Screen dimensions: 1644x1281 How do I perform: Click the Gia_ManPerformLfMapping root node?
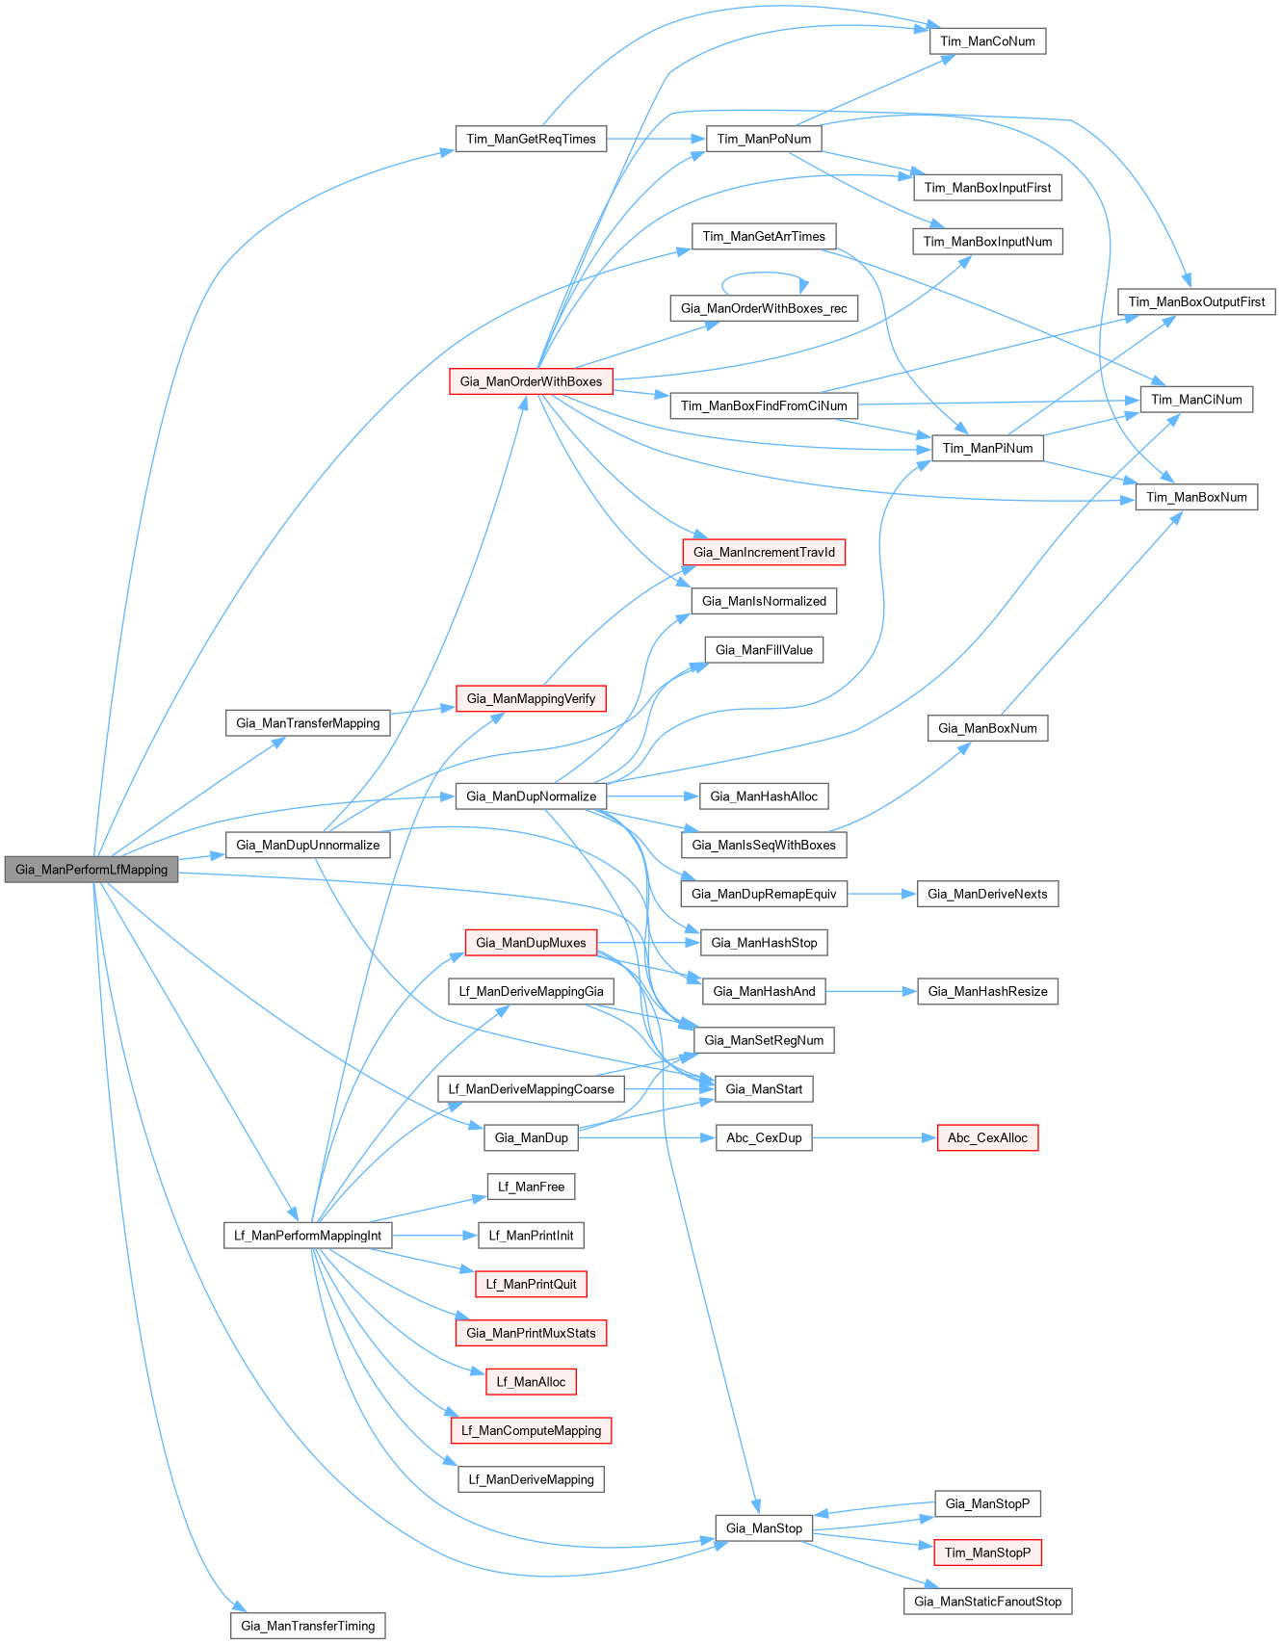[x=91, y=870]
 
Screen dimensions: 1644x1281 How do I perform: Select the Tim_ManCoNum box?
[x=987, y=41]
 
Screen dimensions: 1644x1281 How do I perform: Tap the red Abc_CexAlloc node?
[x=987, y=1138]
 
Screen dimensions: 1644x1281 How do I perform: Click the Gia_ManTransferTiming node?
[x=307, y=1627]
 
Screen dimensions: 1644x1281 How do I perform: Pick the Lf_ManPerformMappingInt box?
[x=307, y=1236]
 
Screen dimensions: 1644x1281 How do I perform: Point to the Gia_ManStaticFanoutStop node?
[x=987, y=1602]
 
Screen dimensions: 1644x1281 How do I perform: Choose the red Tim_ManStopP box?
[x=987, y=1553]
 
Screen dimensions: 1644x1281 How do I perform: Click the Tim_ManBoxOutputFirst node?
[x=1196, y=301]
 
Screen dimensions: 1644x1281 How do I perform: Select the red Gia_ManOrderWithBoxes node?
[x=531, y=381]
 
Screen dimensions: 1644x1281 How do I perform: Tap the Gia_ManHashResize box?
[x=987, y=991]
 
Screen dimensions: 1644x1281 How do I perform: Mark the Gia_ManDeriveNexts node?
[x=987, y=894]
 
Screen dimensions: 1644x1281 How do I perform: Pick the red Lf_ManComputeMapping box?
[x=531, y=1431]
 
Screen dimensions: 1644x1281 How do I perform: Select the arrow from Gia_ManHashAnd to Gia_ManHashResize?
[x=871, y=991]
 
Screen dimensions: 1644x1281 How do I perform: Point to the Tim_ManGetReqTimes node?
[x=531, y=139]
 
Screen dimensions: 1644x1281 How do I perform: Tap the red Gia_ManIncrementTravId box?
[x=764, y=552]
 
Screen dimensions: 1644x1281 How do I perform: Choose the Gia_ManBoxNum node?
[x=987, y=728]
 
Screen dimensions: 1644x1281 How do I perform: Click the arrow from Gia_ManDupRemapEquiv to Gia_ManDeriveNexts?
[x=881, y=894]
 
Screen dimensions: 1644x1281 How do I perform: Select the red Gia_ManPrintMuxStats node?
[x=531, y=1333]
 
